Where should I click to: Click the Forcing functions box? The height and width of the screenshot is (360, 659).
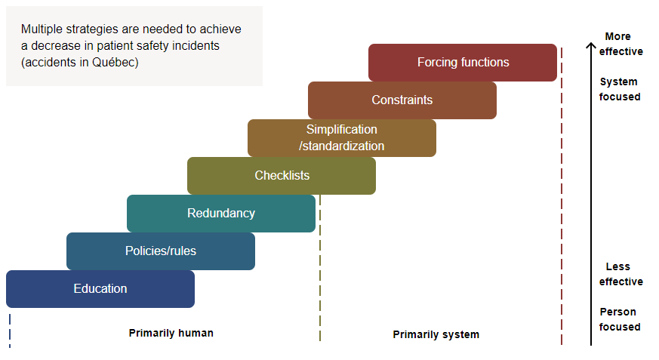coord(463,63)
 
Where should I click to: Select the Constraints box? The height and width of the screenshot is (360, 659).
coord(402,100)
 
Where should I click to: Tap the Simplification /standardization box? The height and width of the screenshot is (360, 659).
coord(342,138)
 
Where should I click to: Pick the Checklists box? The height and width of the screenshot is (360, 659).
coord(282,176)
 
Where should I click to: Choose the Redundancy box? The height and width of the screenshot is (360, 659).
coord(221,214)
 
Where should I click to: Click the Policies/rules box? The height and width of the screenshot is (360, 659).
coord(161,251)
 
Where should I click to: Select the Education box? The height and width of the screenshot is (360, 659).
coord(100,289)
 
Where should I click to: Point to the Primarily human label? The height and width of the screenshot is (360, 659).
coord(171,333)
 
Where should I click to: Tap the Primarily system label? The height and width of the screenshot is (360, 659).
coord(436,334)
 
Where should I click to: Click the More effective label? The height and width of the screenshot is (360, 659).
coord(621,44)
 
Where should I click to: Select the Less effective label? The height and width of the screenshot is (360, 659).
coord(621,274)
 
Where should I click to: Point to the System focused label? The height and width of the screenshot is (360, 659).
coord(619,89)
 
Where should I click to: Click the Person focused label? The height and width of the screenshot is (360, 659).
coord(619,319)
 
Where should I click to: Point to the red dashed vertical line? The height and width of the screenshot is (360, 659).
coord(562,226)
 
